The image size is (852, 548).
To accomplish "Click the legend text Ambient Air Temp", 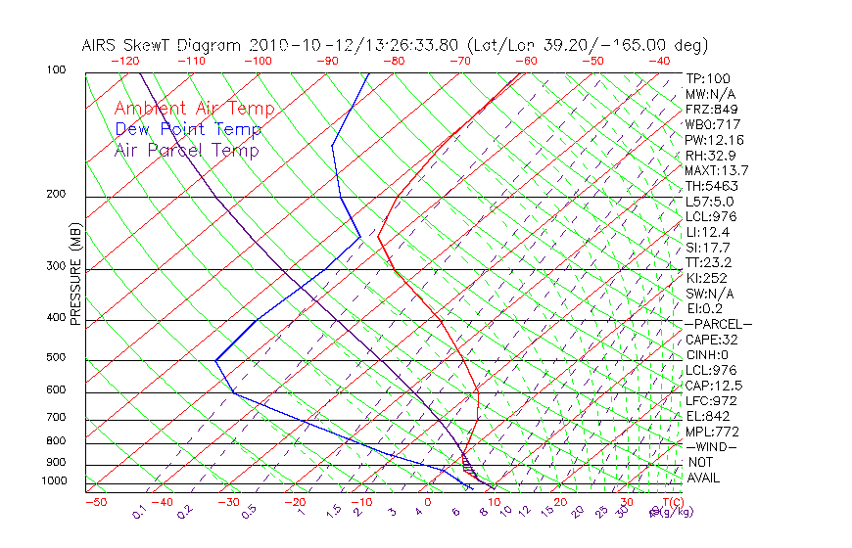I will (194, 109).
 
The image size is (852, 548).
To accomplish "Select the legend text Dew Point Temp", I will (188, 129).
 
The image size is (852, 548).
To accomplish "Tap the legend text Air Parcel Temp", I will (186, 150).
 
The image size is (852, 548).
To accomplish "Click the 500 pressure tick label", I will (55, 358).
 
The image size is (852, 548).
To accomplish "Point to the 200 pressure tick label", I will (55, 195).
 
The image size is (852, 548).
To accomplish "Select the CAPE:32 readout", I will (712, 340).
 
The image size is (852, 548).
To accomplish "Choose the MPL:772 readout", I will (712, 432).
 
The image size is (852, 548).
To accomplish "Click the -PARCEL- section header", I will (718, 324).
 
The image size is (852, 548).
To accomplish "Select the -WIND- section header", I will (712, 446).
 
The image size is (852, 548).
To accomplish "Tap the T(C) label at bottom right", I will (672, 502).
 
